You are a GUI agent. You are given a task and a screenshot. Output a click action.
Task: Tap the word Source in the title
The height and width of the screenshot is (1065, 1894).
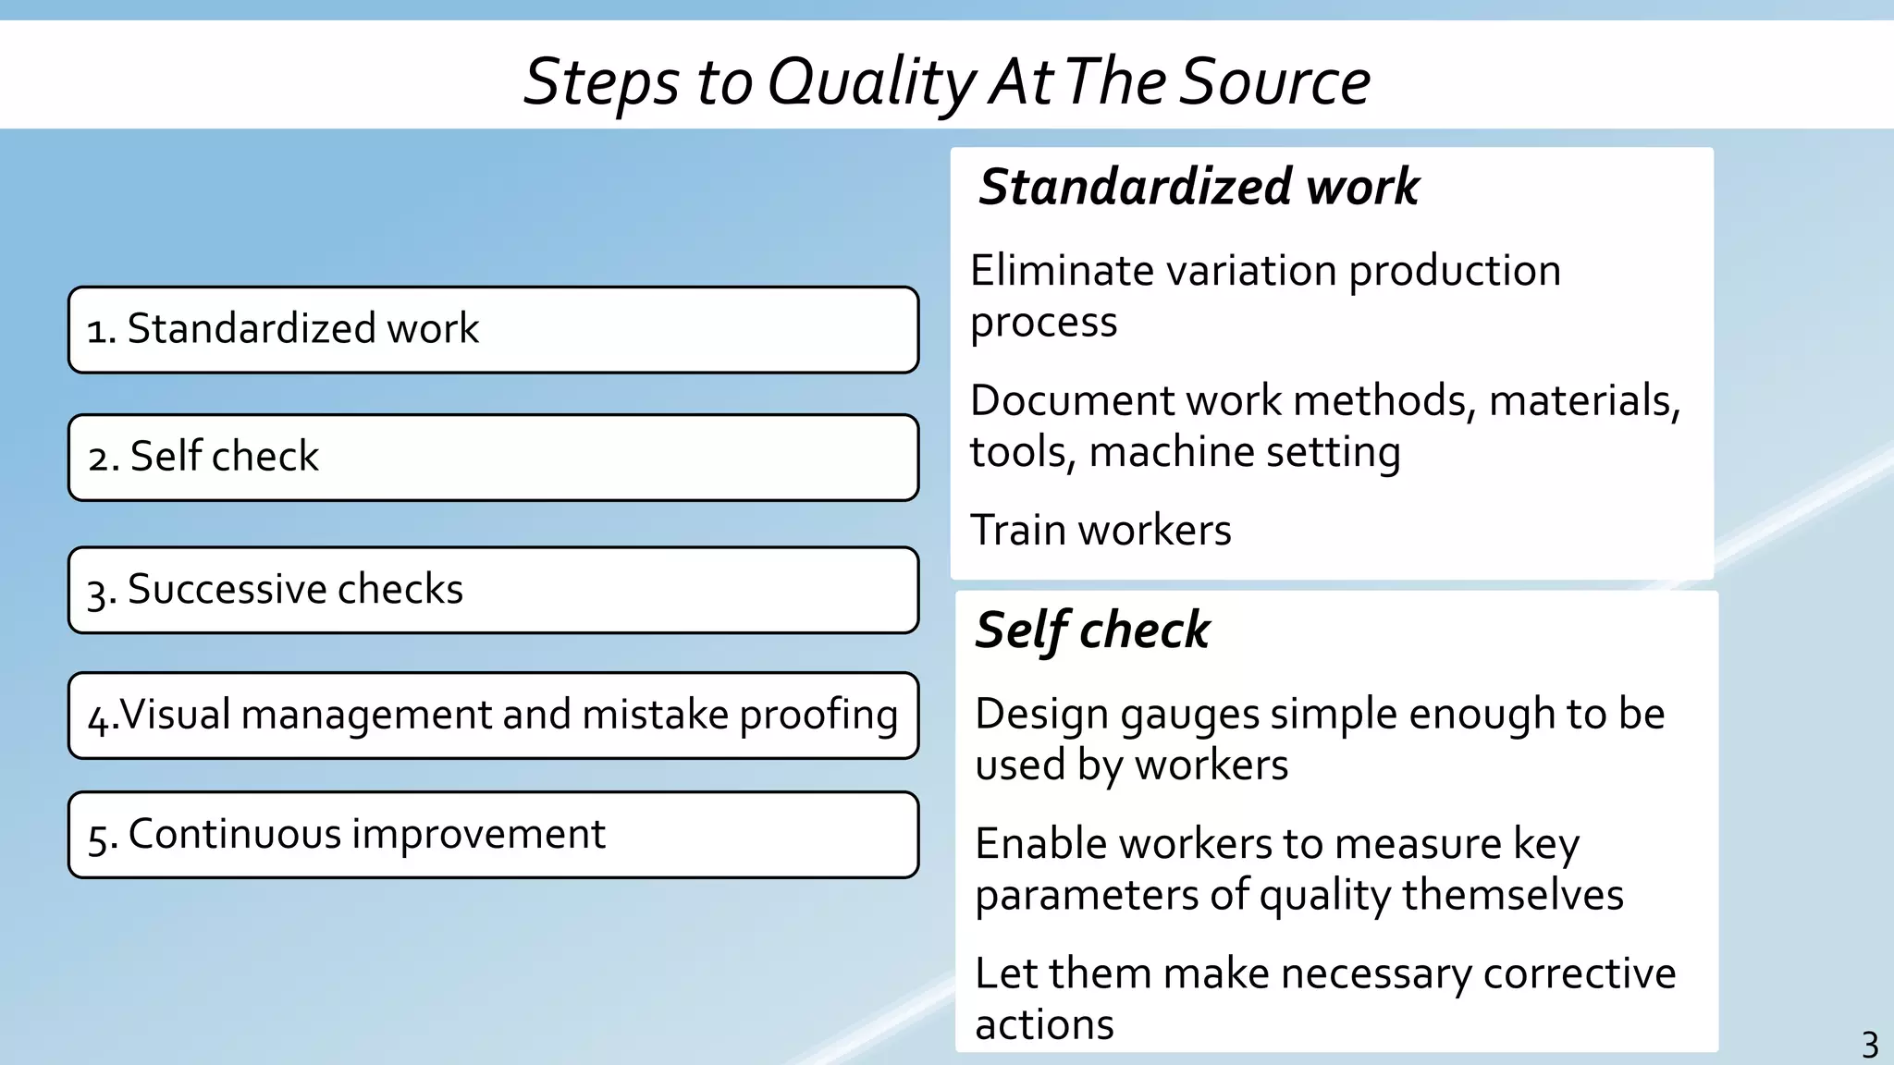coord(1275,82)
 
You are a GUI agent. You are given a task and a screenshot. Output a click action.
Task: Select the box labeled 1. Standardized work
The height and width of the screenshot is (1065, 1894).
coord(493,330)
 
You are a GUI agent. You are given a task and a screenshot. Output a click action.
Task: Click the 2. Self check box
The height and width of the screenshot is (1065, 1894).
coord(493,458)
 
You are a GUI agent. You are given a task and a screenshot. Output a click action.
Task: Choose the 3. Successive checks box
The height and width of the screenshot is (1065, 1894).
coord(493,590)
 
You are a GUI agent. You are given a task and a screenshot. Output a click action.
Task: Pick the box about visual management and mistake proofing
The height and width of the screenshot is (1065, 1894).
coord(493,716)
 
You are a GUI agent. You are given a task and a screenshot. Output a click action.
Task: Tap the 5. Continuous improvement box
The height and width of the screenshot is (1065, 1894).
coord(493,835)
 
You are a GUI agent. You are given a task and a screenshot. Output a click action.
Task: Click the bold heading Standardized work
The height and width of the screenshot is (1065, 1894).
coord(1199,187)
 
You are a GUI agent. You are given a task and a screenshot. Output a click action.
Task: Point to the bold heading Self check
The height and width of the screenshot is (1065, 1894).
coord(1092,630)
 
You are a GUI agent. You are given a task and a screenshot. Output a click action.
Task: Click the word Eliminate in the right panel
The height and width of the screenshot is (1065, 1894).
coord(1061,271)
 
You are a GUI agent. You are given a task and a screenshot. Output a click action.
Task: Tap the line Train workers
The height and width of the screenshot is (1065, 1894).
coord(1101,531)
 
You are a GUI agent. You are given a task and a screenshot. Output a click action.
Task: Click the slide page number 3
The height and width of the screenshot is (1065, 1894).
coord(1869,1046)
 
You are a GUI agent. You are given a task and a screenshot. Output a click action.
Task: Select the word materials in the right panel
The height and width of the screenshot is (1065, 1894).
coord(1583,401)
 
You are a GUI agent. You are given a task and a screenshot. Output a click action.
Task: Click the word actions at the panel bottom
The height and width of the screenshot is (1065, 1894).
coord(1044,1025)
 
